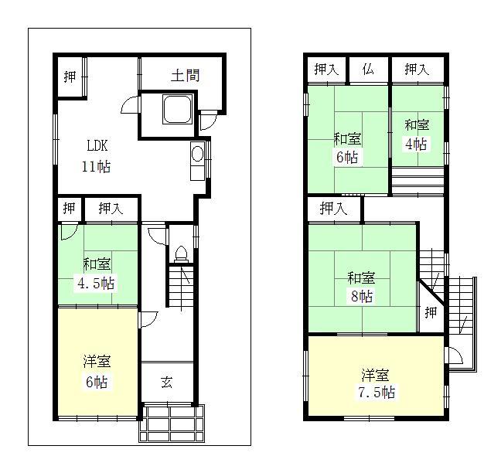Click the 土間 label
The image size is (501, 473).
click(185, 76)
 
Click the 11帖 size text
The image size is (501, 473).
click(97, 165)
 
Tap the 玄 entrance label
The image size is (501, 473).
click(166, 382)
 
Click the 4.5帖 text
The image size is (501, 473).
click(96, 282)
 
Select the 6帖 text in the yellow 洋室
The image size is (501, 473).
click(97, 382)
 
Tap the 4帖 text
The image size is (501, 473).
click(416, 144)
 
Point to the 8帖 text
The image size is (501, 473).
click(361, 297)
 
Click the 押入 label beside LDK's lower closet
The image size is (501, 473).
click(109, 208)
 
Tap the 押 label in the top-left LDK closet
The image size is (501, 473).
click(70, 77)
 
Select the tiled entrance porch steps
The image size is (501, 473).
click(172, 423)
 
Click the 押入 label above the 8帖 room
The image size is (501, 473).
click(333, 208)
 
